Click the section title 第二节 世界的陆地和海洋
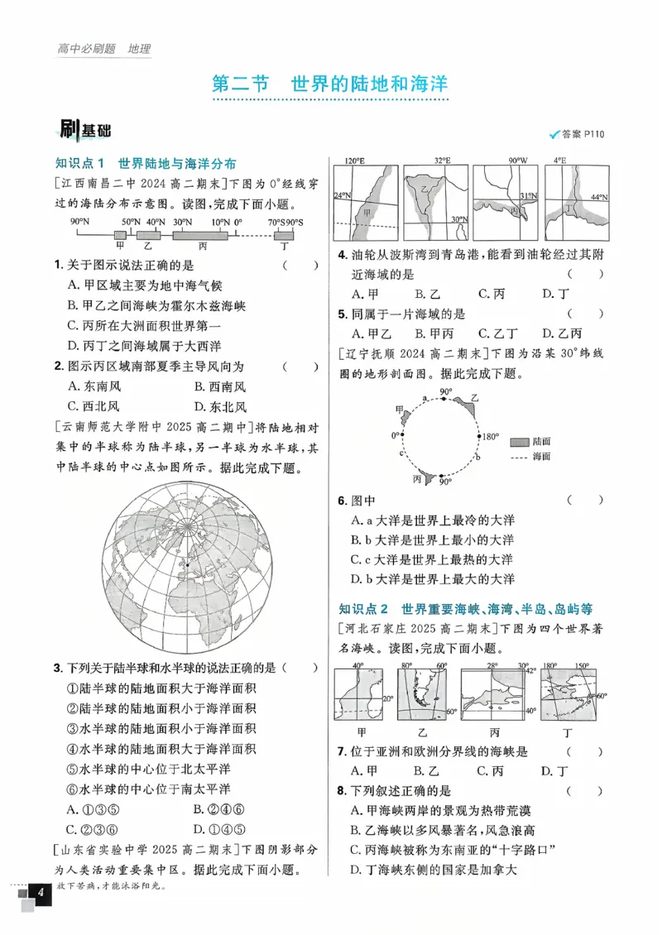click(329, 84)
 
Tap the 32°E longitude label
click(441, 161)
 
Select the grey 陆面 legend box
click(520, 442)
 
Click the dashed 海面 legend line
click(520, 456)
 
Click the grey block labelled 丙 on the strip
click(202, 235)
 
